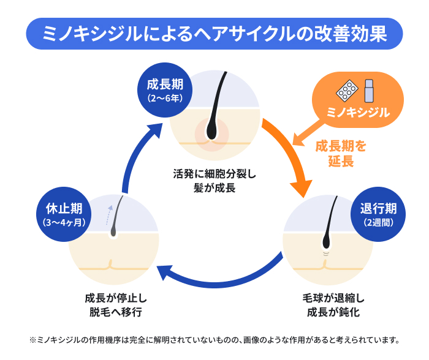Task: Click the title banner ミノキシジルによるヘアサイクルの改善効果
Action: [214, 33]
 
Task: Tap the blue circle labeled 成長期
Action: [162, 89]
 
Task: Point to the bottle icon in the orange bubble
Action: [369, 91]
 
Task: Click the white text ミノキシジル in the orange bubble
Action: [359, 113]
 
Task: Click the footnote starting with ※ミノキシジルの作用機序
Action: [214, 339]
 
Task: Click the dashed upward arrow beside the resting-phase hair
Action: [110, 214]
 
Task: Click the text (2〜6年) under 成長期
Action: [162, 97]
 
